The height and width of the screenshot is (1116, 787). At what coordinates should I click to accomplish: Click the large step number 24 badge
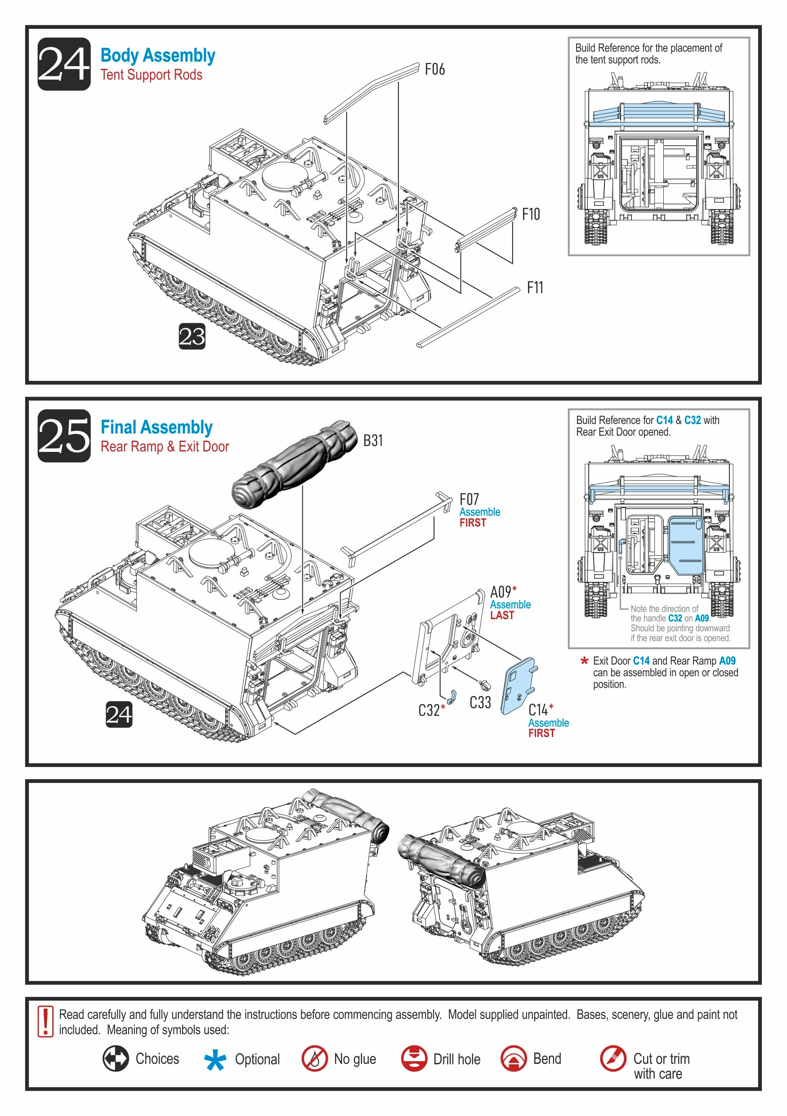click(x=64, y=64)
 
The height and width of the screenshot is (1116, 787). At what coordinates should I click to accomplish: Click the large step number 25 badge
click(x=64, y=436)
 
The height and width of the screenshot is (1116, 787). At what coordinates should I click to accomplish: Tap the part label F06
click(x=434, y=70)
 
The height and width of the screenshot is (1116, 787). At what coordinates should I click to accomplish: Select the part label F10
click(x=531, y=214)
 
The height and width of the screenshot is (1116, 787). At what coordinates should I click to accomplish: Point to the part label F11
click(x=535, y=287)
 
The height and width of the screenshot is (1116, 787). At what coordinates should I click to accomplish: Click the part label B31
click(x=373, y=440)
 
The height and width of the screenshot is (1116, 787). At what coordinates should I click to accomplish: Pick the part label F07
click(x=469, y=499)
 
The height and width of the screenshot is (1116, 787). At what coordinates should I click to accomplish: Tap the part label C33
click(x=480, y=702)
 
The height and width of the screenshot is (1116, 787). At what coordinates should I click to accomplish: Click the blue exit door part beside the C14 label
click(x=518, y=686)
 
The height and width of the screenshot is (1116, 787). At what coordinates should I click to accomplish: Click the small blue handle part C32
click(x=452, y=697)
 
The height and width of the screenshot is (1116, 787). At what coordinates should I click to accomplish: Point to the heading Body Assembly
click(x=158, y=55)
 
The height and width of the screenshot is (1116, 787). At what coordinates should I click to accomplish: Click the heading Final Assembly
click(x=157, y=427)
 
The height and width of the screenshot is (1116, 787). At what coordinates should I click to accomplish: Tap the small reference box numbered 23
click(x=192, y=336)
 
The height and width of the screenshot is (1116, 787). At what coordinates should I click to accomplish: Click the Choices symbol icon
click(x=116, y=1058)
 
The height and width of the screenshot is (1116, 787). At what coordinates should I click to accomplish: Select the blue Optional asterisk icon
click(x=215, y=1060)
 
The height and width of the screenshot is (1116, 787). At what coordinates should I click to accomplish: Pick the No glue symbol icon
click(x=314, y=1058)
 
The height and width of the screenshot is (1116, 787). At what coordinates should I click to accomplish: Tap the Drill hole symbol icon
click(x=414, y=1058)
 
